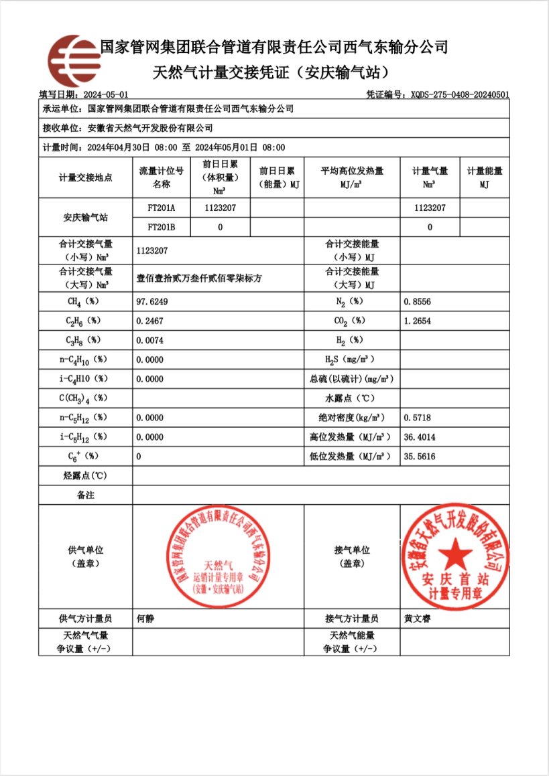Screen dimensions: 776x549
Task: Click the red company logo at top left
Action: tap(71, 60)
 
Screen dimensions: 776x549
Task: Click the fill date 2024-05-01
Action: tap(109, 94)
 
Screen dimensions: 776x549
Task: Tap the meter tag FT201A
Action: tap(161, 208)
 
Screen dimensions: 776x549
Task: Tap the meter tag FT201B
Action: tap(161, 227)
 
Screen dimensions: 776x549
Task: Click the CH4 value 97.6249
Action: tap(151, 302)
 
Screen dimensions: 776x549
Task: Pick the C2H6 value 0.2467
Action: tap(149, 321)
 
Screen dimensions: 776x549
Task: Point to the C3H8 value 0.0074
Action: tap(149, 340)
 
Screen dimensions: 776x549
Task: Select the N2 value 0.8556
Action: tap(417, 302)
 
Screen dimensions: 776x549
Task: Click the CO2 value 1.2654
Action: tap(417, 321)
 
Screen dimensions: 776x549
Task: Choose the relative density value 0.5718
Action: tap(417, 417)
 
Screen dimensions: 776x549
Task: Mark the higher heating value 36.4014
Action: tap(419, 437)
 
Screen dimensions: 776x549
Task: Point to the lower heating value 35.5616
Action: tap(419, 456)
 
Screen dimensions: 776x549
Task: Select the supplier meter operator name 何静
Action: tap(145, 619)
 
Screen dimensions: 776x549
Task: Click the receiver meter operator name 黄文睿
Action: tap(417, 619)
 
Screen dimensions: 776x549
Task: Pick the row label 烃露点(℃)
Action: tap(85, 475)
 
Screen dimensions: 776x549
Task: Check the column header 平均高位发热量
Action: tap(351, 171)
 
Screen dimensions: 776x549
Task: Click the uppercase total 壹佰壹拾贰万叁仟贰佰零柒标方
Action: tap(198, 277)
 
